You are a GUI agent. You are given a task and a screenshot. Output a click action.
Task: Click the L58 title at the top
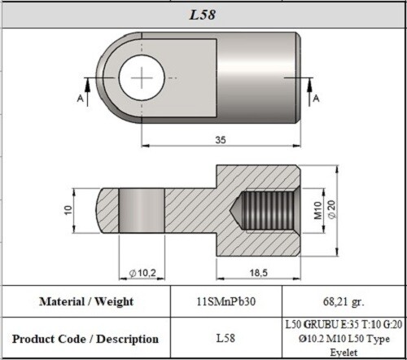point(203,15)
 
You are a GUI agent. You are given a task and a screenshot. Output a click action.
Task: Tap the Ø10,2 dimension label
point(143,271)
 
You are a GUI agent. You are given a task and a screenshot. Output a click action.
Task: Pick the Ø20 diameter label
point(331,211)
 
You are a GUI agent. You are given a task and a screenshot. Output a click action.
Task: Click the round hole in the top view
point(142,78)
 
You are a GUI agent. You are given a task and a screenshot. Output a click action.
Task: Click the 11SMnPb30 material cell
point(227,301)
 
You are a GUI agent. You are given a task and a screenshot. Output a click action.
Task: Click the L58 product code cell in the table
point(227,337)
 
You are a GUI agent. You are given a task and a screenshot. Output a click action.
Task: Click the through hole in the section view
point(143,211)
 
